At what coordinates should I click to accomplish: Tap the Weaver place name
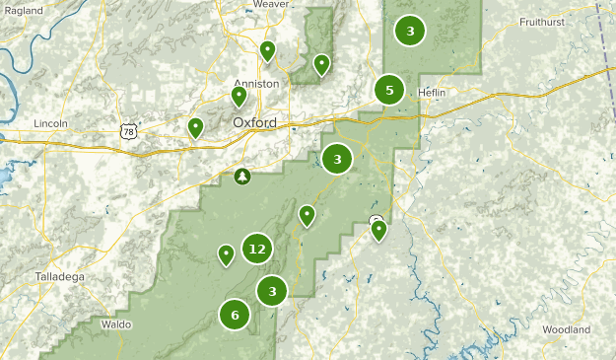[270, 5]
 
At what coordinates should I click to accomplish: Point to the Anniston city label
[257, 84]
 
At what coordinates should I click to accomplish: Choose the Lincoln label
[49, 123]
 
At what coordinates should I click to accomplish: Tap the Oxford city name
[254, 122]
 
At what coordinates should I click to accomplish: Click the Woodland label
[566, 329]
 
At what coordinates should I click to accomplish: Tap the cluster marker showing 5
[389, 91]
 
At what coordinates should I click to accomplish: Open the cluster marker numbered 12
[257, 249]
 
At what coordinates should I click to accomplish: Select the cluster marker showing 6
[235, 316]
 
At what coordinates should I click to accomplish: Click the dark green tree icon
[242, 177]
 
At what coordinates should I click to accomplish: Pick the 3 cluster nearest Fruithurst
[410, 31]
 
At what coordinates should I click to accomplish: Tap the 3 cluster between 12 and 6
[272, 291]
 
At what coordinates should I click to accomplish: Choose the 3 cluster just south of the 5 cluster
[337, 158]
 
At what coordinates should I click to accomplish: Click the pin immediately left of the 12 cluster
[226, 254]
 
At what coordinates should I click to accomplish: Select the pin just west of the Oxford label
[196, 127]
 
